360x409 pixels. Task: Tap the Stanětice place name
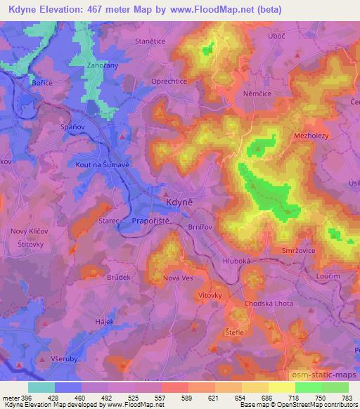point(149,41)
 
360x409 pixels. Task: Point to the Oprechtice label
point(168,81)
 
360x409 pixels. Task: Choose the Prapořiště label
point(150,221)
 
